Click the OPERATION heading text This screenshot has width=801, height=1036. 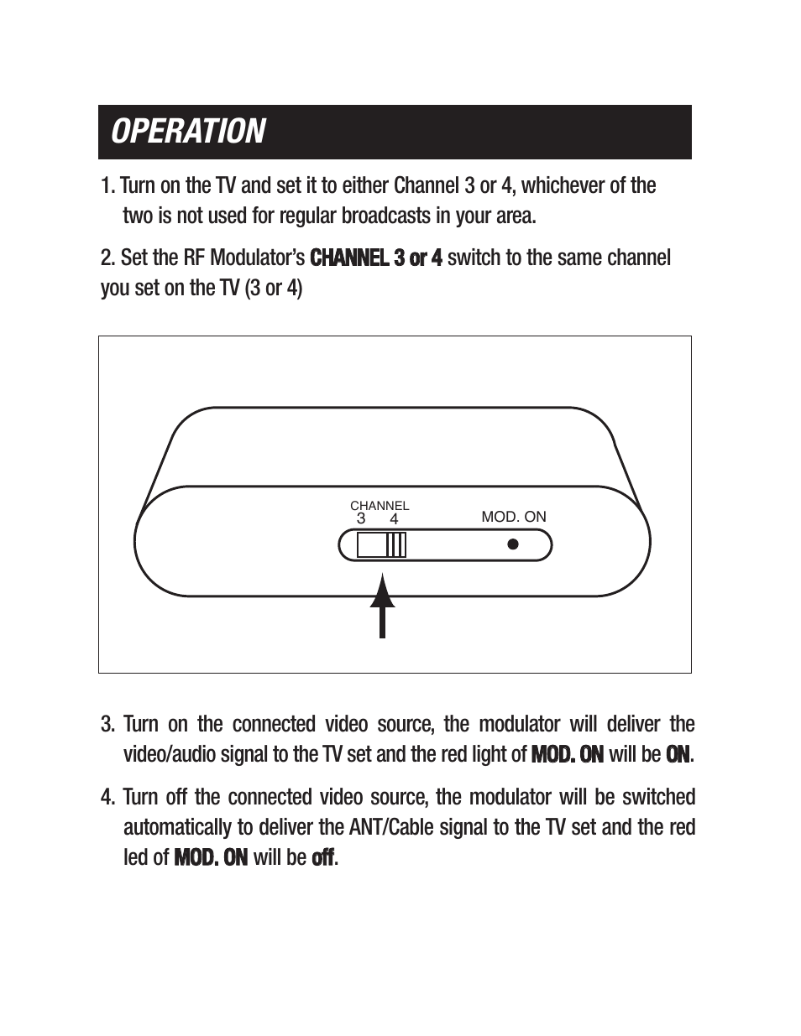[188, 132]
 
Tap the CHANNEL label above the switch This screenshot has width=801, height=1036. [380, 506]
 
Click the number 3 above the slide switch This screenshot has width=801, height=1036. [361, 518]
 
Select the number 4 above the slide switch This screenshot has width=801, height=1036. [394, 519]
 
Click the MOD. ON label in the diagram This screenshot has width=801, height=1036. [513, 517]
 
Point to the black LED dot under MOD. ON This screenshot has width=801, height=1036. [513, 544]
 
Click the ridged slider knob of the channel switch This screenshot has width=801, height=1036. [396, 545]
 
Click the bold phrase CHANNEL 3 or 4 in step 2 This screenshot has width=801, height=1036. [376, 258]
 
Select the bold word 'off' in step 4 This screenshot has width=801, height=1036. [322, 857]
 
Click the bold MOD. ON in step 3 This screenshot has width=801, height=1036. [568, 754]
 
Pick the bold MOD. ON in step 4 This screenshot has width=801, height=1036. [211, 857]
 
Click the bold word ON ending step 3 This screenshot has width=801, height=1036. [678, 754]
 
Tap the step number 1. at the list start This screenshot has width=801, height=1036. [107, 185]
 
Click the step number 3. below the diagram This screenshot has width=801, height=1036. [107, 724]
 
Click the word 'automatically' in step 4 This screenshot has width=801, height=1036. [178, 827]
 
